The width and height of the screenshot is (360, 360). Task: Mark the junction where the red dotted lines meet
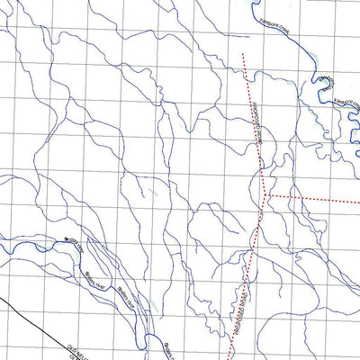[267, 195]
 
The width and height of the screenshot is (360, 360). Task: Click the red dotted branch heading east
[315, 197]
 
